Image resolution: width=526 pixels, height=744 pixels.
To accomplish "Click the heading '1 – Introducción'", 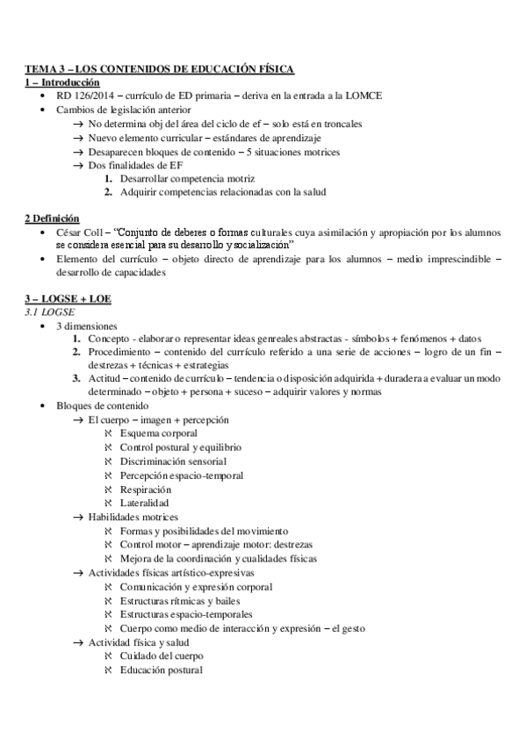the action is click(x=60, y=82).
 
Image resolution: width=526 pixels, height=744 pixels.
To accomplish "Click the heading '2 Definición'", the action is click(x=52, y=218).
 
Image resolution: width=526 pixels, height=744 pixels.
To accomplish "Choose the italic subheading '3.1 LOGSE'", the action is click(x=49, y=312).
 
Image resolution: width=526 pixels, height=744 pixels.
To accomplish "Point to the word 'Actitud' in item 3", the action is click(x=106, y=379).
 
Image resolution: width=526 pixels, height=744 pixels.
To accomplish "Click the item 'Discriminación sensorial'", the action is click(x=174, y=461).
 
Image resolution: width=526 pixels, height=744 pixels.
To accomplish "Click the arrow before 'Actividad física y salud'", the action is click(x=77, y=641).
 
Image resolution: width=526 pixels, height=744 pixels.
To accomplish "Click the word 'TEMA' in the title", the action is click(x=38, y=68).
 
